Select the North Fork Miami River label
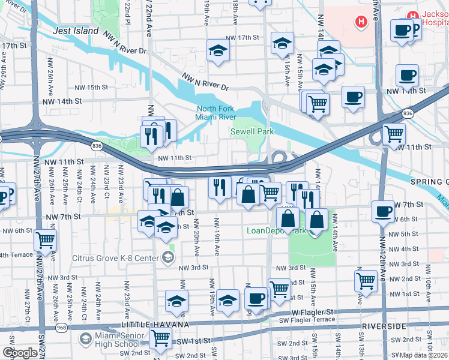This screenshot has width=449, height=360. [x=215, y=113]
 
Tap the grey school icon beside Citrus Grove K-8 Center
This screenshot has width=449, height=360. [x=167, y=258]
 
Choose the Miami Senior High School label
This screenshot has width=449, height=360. [x=117, y=340]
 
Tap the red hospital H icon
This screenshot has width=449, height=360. [x=361, y=22]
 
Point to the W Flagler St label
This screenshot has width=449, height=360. [x=312, y=313]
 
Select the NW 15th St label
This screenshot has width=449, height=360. [x=88, y=88]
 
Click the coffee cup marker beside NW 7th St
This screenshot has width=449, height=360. [x=384, y=210]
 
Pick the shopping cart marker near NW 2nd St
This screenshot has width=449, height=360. [x=366, y=280]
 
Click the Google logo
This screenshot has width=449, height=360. [x=19, y=353]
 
